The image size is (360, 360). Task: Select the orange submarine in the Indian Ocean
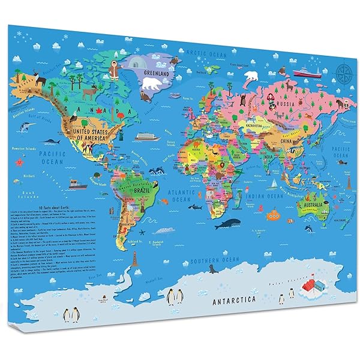point(274,214)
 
